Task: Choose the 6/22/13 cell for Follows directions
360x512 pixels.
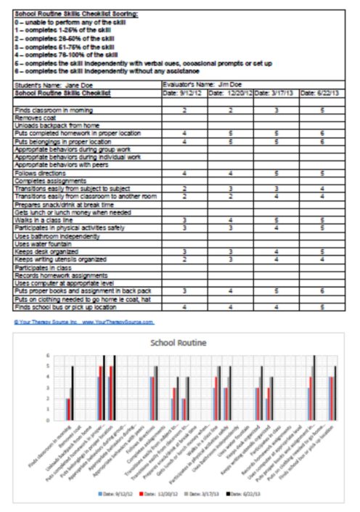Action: tap(322, 174)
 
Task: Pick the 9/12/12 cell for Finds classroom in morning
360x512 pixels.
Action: tap(185, 109)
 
